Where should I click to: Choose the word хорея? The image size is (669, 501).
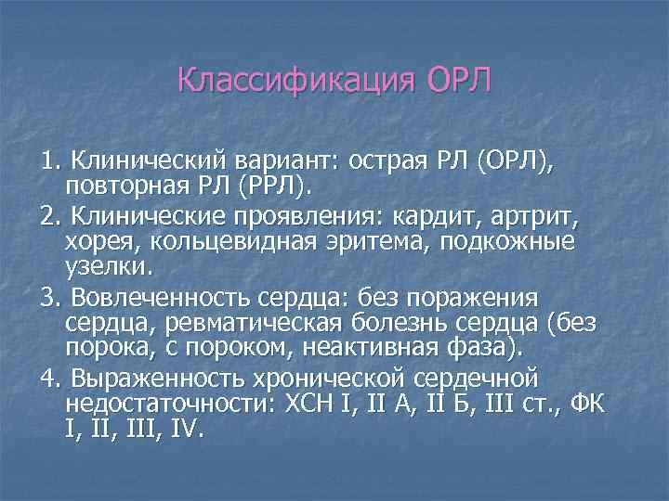pyautogui.click(x=97, y=243)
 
